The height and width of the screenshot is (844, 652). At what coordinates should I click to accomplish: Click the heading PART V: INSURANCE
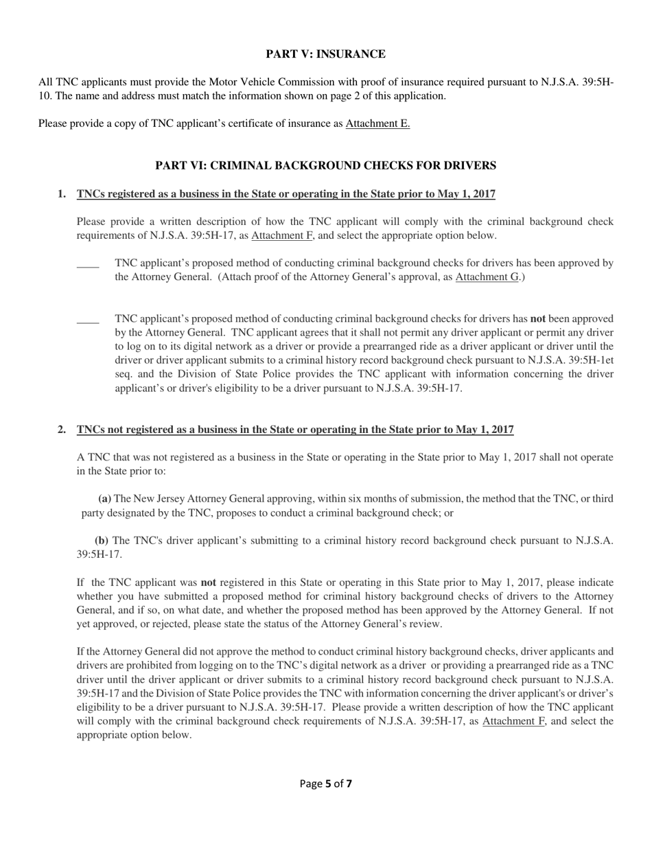click(325, 54)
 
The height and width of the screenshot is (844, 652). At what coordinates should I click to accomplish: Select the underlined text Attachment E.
click(377, 124)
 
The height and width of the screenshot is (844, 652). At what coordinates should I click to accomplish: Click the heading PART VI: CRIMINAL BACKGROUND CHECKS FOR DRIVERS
click(325, 165)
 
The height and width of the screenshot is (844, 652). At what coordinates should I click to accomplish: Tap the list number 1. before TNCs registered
click(62, 194)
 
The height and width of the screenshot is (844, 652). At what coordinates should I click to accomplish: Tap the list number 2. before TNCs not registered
click(62, 430)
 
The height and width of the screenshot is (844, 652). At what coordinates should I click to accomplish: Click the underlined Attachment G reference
click(487, 277)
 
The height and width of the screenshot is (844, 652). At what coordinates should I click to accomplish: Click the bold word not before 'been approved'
click(539, 318)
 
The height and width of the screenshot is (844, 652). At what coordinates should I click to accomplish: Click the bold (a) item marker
click(104, 499)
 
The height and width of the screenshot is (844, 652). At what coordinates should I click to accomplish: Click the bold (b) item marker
click(101, 540)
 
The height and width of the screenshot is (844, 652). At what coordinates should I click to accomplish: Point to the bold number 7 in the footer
click(349, 784)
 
